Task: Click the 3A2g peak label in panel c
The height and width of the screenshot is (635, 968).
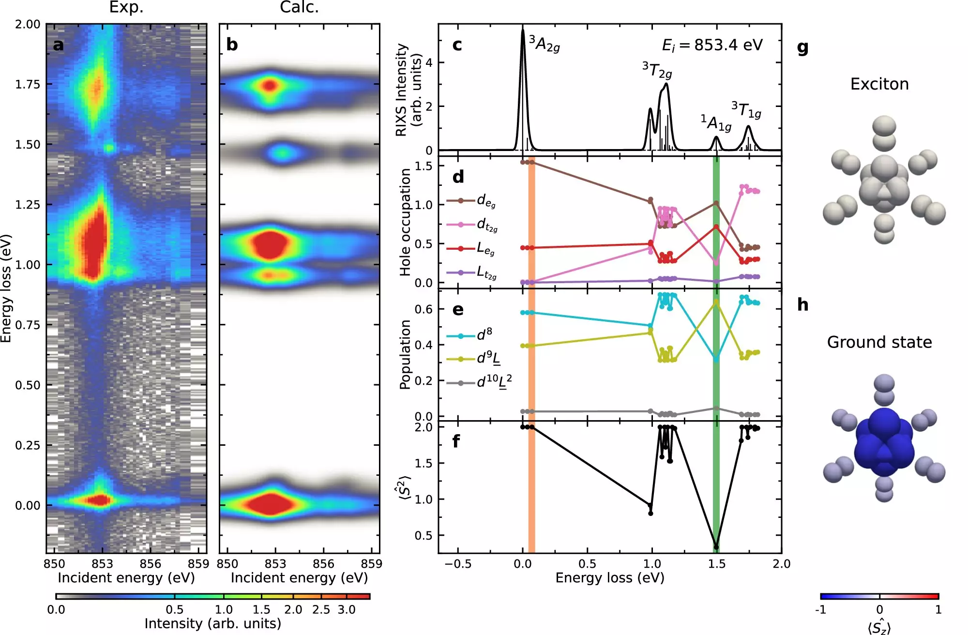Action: point(544,44)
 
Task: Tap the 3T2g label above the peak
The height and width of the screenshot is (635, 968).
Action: point(657,71)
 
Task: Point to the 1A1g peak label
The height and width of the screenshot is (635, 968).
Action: point(716,123)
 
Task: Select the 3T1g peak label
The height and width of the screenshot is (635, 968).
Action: point(746,110)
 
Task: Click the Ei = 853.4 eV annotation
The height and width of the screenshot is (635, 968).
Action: point(712,45)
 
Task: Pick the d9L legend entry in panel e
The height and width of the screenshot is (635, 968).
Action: point(488,359)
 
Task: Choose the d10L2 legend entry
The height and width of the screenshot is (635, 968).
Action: point(494,382)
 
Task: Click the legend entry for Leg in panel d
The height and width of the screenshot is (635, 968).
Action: point(485,249)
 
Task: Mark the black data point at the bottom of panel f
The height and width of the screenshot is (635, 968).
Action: point(716,547)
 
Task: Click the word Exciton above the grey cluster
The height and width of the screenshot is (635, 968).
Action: point(879,84)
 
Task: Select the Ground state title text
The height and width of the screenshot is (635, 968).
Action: point(879,342)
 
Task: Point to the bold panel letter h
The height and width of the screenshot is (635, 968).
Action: point(802,304)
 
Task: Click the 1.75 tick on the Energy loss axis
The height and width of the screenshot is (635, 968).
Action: point(28,85)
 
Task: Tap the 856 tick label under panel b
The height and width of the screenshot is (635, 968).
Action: point(323,564)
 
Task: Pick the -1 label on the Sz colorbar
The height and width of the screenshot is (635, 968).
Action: point(821,609)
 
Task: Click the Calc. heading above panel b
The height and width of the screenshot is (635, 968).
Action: point(299,7)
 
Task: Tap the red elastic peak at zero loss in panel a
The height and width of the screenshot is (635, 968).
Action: point(99,499)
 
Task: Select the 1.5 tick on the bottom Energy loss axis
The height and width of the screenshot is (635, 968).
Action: point(717,564)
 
